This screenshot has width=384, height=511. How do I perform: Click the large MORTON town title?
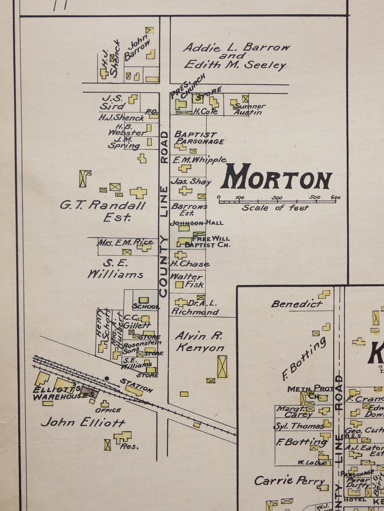pyautogui.click(x=276, y=177)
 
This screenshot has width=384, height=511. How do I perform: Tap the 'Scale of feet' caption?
pyautogui.click(x=275, y=208)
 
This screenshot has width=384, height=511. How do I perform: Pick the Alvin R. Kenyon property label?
pyautogui.click(x=199, y=342)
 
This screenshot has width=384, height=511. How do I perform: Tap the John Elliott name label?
pyautogui.click(x=83, y=422)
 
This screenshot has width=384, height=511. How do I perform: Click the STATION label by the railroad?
pyautogui.click(x=136, y=385)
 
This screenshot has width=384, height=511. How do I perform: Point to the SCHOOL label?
pyautogui.click(x=146, y=307)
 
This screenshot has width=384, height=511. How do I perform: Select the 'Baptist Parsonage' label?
pyautogui.click(x=199, y=138)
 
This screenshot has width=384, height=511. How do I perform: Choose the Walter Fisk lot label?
pyautogui.click(x=187, y=280)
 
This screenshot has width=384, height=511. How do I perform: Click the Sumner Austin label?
pyautogui.click(x=249, y=109)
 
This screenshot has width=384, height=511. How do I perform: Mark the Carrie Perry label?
pyautogui.click(x=289, y=481)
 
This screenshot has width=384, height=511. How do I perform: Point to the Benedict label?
pyautogui.click(x=296, y=304)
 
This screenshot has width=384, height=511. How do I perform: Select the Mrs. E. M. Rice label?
pyautogui.click(x=125, y=242)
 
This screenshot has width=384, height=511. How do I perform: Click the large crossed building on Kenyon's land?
pyautogui.click(x=222, y=366)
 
